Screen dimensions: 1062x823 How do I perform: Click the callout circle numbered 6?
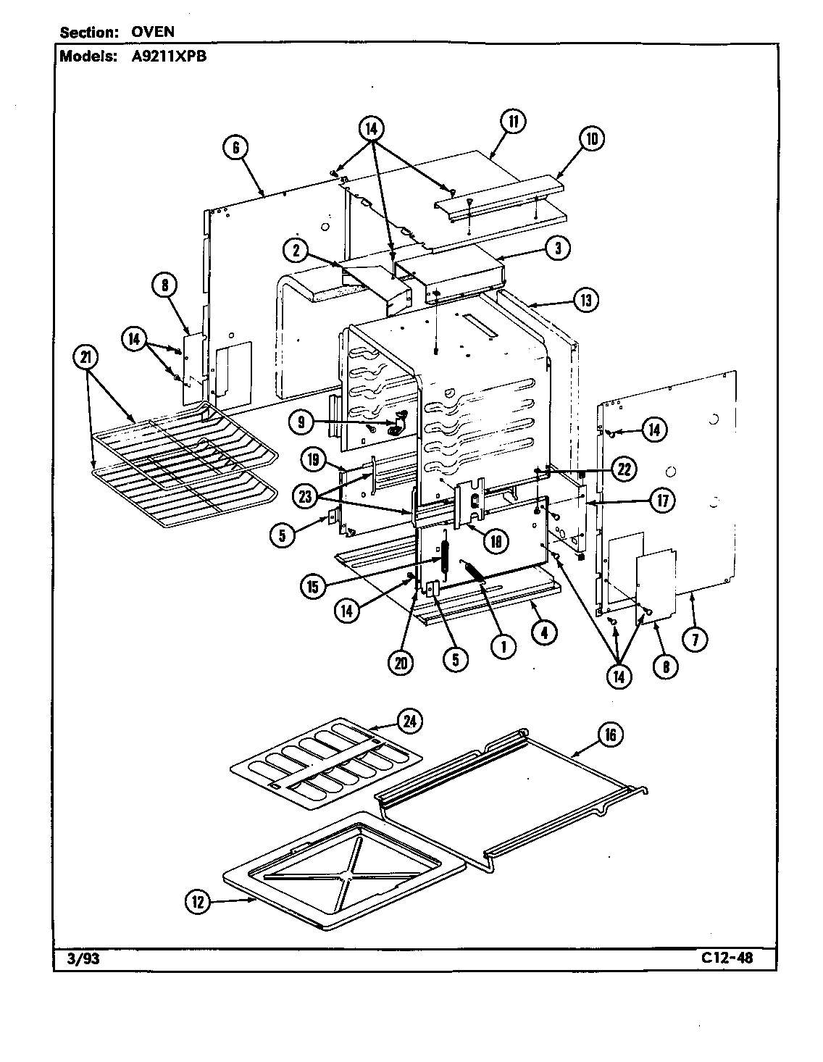pyautogui.click(x=235, y=148)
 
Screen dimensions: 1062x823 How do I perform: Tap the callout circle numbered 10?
pyautogui.click(x=590, y=138)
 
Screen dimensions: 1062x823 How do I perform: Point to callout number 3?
pyautogui.click(x=557, y=248)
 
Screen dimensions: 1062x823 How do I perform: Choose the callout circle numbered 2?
pyautogui.click(x=296, y=251)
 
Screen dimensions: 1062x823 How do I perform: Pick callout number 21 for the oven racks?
pyautogui.click(x=87, y=358)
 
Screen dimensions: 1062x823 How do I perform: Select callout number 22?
pyautogui.click(x=622, y=469)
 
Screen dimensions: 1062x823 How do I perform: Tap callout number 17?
pyautogui.click(x=662, y=500)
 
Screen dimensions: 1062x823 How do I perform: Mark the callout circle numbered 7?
pyautogui.click(x=698, y=639)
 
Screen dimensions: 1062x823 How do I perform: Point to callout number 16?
pyautogui.click(x=611, y=735)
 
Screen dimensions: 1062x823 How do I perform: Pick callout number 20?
pyautogui.click(x=401, y=664)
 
